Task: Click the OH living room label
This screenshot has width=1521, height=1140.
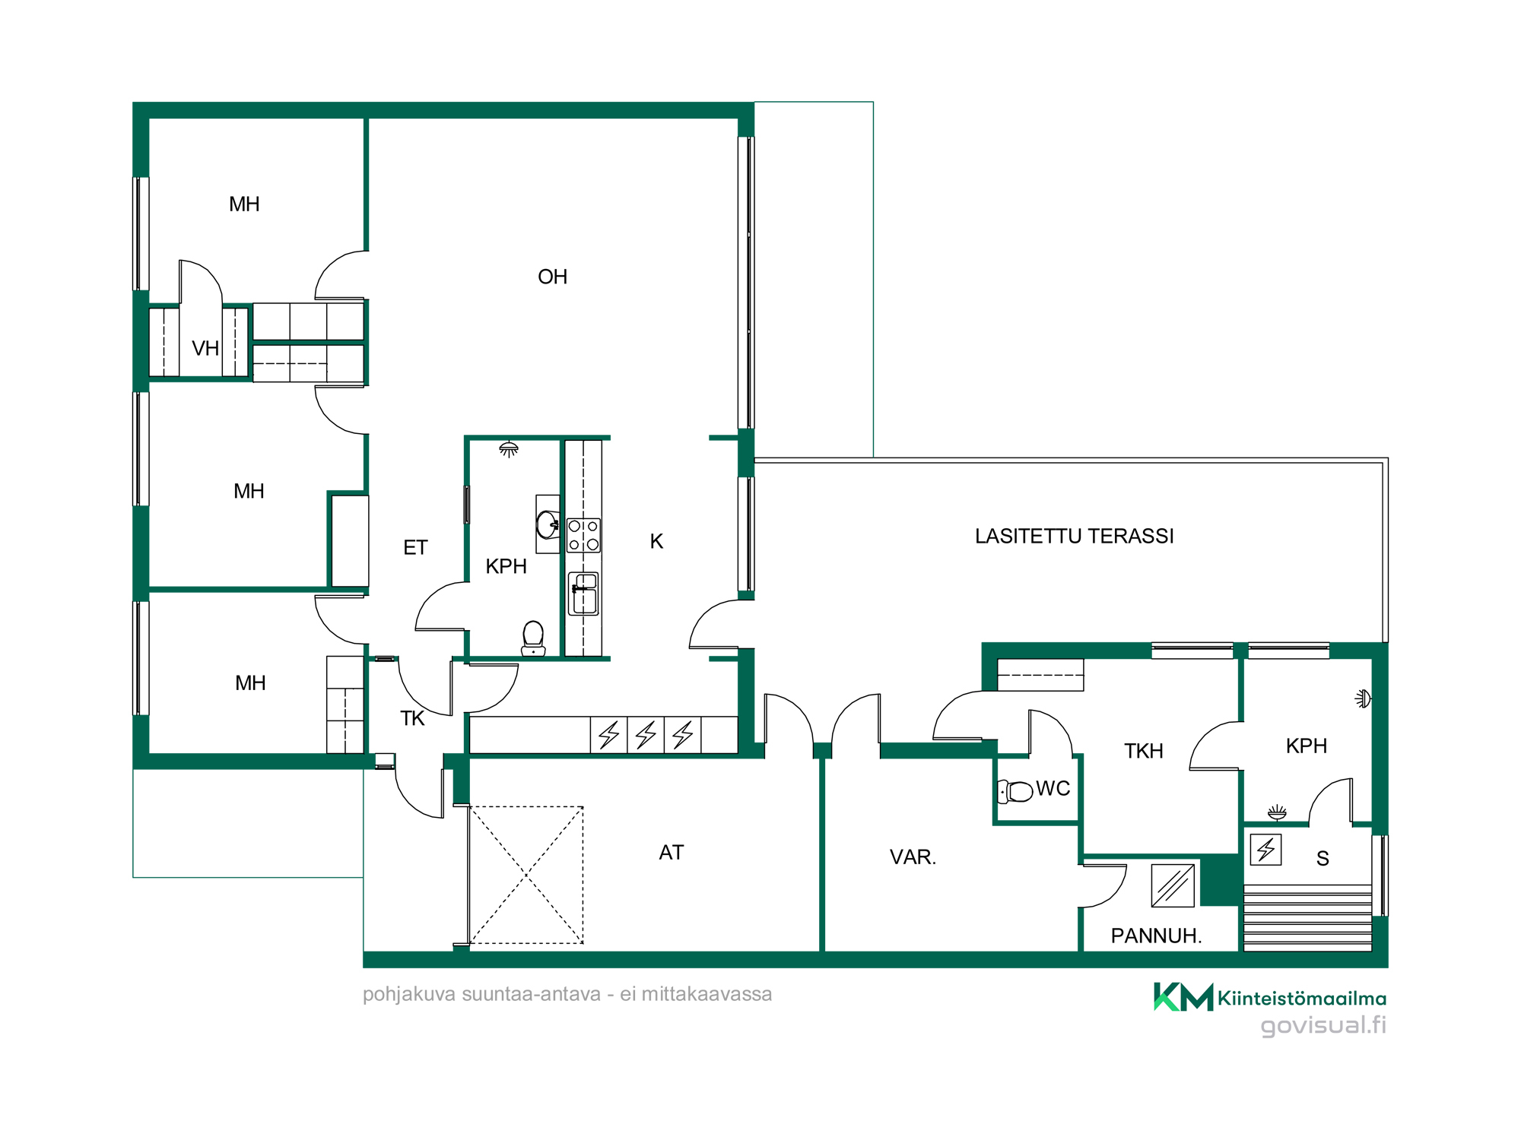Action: coord(552,277)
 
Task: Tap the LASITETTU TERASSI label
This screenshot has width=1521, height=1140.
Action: coord(1074,536)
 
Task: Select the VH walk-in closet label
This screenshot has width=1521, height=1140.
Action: coord(205,348)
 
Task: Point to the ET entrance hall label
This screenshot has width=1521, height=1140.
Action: coord(415,547)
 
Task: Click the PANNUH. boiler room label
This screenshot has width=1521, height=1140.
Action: coord(1156,936)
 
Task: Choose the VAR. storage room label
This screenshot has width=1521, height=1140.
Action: coord(913,857)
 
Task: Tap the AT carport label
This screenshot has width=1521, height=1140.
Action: coord(672,853)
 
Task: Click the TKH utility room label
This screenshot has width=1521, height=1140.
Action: coord(1144,751)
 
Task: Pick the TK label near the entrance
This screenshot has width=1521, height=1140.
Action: coord(412,718)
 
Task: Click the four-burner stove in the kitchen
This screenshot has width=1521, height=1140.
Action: coord(583,535)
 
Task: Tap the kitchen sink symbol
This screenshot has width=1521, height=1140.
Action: coord(584,594)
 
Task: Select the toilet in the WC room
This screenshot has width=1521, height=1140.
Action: coord(1015,791)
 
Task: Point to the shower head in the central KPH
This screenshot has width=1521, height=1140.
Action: coord(509,449)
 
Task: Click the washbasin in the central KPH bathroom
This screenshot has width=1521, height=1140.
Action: coord(548,524)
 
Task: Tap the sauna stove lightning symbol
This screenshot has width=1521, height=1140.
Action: coord(1266,850)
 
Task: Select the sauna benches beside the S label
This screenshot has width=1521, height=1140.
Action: coord(1308,918)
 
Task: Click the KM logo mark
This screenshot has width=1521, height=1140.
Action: coord(1183,997)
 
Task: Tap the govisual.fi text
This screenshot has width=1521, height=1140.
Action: coord(1323,1025)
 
